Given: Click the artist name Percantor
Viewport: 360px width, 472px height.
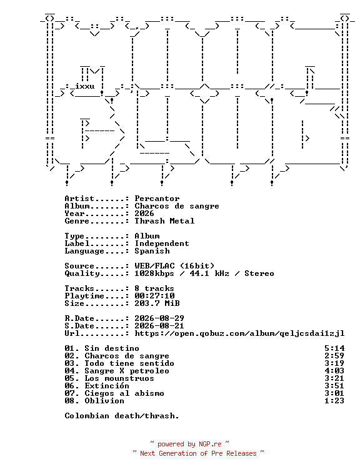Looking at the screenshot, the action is coord(157,199).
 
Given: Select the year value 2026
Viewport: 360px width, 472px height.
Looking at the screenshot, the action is coord(144,214).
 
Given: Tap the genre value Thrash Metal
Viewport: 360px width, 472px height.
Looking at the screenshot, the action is coord(164,221).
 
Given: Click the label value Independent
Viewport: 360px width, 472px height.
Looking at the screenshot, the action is coord(162,243).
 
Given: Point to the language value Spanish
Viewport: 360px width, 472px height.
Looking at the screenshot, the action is coord(152,251).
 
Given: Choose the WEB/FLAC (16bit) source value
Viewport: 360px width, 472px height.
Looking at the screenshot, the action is coord(174,266).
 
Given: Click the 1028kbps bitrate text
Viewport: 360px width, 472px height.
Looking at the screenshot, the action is coord(154,273).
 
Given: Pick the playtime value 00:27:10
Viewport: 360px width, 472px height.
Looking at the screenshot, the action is coord(154,296).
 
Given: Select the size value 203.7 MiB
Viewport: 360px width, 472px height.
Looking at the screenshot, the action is coord(157,303).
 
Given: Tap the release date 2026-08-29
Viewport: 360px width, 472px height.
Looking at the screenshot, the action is coord(159,318).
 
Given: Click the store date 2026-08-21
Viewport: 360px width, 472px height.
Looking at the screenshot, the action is coord(159,326).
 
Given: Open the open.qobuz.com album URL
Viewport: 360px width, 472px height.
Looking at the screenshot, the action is coord(239,333).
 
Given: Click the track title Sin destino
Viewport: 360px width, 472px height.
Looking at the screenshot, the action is coord(112,348).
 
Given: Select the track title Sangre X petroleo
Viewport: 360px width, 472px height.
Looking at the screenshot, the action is coord(127,371).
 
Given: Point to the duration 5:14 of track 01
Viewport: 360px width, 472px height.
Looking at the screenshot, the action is coord(334,348).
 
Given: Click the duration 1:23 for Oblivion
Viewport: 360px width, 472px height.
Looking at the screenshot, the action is coord(334,401).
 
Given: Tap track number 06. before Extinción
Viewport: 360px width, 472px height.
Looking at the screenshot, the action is coord(72,386).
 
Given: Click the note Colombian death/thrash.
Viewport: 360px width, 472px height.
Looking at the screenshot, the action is coord(122,416).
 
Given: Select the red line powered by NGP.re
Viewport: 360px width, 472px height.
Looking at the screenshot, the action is coord(189,445).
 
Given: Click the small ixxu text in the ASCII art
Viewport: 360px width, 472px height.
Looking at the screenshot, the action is coord(84,86).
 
